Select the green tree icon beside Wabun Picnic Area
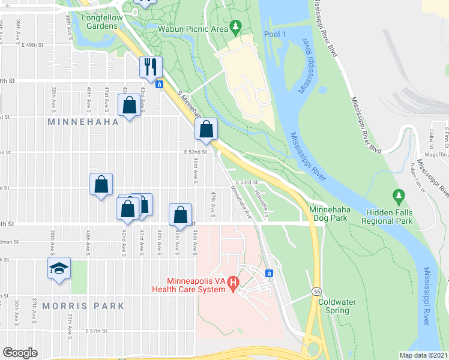(x=236, y=26)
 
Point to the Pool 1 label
(x=274, y=34)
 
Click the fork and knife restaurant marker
(x=151, y=67)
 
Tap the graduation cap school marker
(x=59, y=268)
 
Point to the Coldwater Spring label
(x=333, y=306)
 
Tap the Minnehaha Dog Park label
(x=328, y=214)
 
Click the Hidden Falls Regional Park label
(x=387, y=217)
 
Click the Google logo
(x=20, y=353)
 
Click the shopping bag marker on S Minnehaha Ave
(x=205, y=130)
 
